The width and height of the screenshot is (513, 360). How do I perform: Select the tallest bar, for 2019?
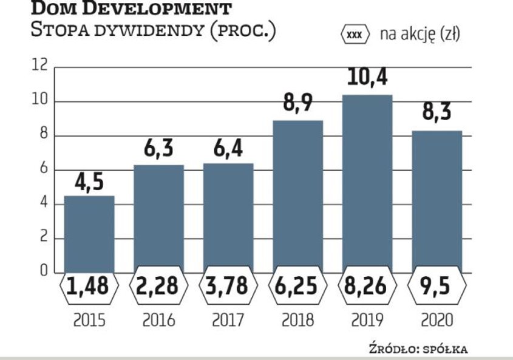pos(367,182)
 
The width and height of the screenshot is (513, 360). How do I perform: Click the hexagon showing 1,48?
pos(89,287)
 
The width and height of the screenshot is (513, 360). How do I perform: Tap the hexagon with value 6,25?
pos(297,287)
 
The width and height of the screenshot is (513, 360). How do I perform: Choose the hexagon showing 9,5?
pos(437,287)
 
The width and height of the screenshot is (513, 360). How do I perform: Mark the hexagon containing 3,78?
pos(228,287)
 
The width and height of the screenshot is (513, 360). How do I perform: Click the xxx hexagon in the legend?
pos(356,35)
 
